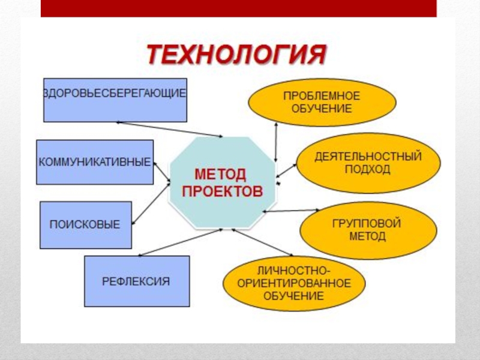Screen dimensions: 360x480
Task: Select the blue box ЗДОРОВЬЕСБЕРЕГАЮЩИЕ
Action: pyautogui.click(x=115, y=100)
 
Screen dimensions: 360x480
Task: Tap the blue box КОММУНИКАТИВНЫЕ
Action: pyautogui.click(x=95, y=162)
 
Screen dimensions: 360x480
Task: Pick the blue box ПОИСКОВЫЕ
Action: pyautogui.click(x=85, y=224)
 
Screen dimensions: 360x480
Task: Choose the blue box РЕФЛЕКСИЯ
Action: pyautogui.click(x=137, y=281)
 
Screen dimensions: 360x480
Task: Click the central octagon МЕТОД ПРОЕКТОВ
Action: pyautogui.click(x=223, y=183)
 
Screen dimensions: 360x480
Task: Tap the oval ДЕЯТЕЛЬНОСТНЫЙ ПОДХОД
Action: pyautogui.click(x=368, y=163)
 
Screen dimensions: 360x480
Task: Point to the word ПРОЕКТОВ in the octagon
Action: pyautogui.click(x=223, y=192)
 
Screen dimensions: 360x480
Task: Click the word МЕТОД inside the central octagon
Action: pyautogui.click(x=220, y=175)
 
